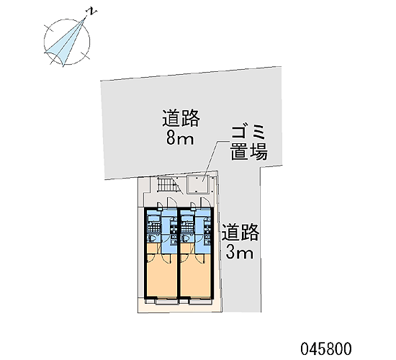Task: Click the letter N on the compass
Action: [92, 12]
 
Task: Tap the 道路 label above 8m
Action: [181, 118]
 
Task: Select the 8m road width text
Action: [180, 138]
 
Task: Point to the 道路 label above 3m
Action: [240, 233]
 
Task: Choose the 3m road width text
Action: [240, 253]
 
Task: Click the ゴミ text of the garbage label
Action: [248, 132]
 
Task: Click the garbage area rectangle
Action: [197, 184]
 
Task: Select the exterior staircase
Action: [168, 185]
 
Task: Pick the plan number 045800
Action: [325, 349]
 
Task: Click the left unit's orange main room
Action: [161, 274]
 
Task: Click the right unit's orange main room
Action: [195, 274]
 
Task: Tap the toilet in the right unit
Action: [186, 238]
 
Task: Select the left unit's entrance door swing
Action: [171, 203]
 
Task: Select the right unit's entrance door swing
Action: [206, 203]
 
